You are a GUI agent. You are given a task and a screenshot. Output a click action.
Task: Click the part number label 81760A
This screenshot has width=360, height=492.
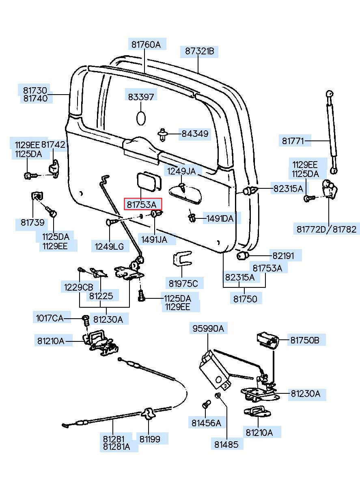146,44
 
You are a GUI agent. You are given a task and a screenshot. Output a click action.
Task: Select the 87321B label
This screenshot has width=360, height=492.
199,51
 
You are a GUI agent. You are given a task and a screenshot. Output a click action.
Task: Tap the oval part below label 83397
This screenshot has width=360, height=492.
141,118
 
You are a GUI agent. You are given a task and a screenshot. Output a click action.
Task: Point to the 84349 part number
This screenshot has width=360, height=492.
195,133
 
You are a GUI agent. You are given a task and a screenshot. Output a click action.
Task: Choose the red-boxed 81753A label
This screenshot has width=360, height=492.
143,204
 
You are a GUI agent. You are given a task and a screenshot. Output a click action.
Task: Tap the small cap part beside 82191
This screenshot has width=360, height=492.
243,256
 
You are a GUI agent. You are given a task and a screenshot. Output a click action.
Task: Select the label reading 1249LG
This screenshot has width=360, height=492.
109,246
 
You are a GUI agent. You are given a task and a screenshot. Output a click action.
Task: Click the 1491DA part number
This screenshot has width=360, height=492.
220,219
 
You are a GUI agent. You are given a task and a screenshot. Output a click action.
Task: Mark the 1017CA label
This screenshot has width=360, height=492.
50,318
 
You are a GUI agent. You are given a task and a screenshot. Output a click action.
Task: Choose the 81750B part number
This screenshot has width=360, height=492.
304,340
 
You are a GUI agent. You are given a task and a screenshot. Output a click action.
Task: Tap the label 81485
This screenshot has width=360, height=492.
226,445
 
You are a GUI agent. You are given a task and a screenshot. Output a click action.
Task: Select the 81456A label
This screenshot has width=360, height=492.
206,423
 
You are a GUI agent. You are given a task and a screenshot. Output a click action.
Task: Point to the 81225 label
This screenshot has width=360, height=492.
101,296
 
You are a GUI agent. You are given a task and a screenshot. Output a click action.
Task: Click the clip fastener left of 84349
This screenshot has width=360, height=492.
163,134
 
